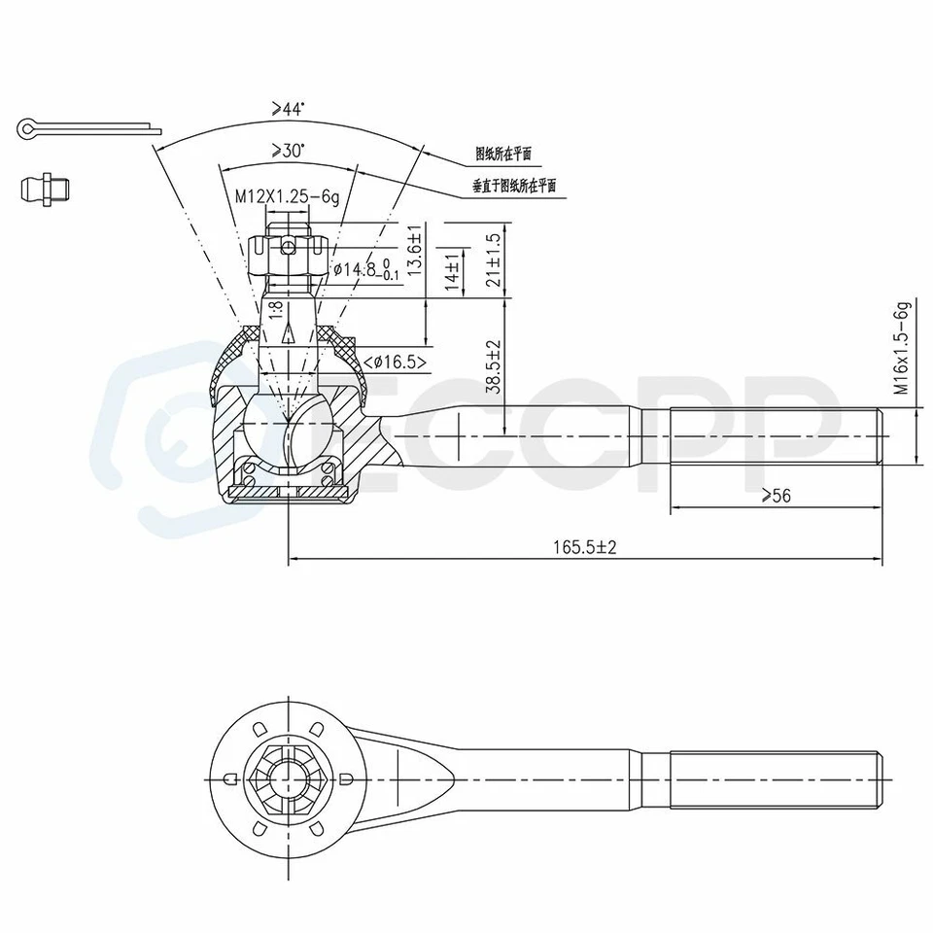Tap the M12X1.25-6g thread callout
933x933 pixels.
click(x=288, y=196)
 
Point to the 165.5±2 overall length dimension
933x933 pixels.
click(x=585, y=548)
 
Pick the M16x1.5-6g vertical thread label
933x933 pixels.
click(x=902, y=348)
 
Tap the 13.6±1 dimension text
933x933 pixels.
click(x=415, y=252)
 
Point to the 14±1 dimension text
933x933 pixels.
click(x=451, y=269)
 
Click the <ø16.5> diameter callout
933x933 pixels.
click(x=395, y=363)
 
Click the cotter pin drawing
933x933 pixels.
click(x=87, y=128)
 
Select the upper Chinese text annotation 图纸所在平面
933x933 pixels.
click(x=502, y=154)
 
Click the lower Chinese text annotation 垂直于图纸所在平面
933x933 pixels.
click(x=514, y=187)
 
